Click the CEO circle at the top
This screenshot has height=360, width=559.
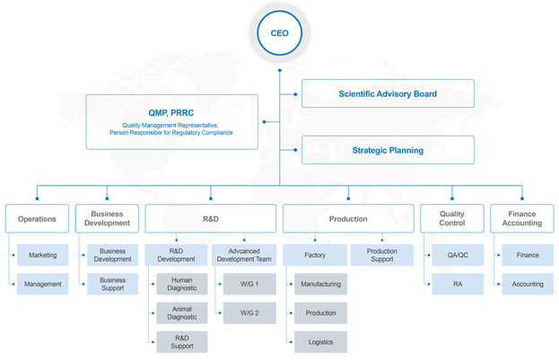coord(280,33)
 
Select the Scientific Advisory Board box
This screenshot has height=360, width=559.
coord(388,93)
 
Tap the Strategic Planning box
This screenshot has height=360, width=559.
coord(388,150)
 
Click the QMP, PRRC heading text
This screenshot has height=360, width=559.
coord(171,113)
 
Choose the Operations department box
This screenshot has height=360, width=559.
coord(37,219)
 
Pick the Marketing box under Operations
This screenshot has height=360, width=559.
coord(43,255)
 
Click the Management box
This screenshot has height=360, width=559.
coord(43,284)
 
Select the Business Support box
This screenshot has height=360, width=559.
coord(113,284)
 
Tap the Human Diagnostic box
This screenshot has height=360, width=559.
coord(182,284)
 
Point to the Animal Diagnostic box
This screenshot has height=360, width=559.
coord(182,313)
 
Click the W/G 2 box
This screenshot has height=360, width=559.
coord(249,313)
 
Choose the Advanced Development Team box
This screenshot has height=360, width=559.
coord(244,255)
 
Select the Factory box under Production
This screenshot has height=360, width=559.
coord(315,255)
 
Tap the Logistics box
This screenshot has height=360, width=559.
coord(321,342)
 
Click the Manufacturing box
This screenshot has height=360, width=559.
coord(321,284)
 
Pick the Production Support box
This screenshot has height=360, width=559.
coord(382,255)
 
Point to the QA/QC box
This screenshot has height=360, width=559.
coord(458,255)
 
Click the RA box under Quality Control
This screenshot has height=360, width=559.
coord(458,284)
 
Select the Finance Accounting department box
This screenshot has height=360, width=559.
coord(522,219)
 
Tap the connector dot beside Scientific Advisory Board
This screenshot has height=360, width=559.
coord(295,94)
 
